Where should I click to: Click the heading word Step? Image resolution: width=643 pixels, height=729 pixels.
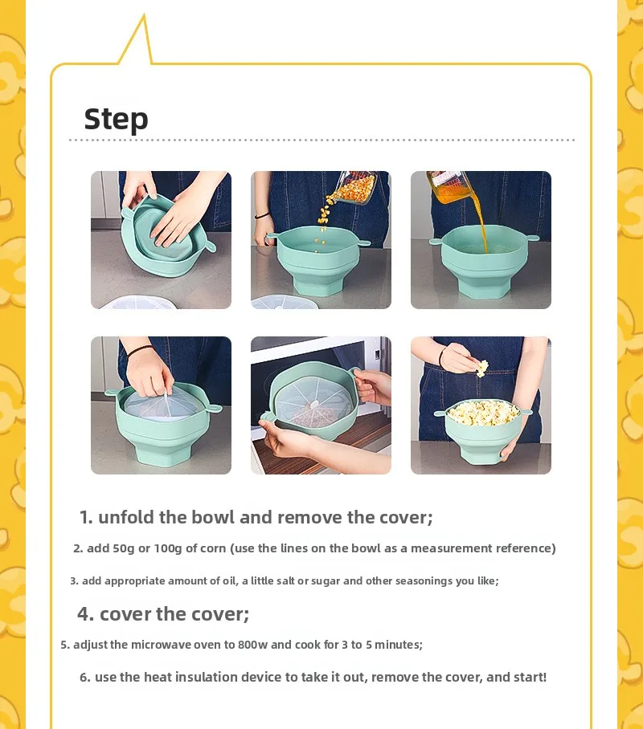pos(116,119)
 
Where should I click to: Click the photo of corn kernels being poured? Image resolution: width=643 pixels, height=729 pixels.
pos(321,240)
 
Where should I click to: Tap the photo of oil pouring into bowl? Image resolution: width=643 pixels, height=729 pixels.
pos(481,240)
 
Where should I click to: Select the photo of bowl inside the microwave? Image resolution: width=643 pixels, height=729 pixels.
pos(321,405)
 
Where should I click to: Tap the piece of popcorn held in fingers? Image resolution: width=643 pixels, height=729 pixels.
pos(481,368)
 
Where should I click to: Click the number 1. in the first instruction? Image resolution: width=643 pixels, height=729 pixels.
pos(86,517)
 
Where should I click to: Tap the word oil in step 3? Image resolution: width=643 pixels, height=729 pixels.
pos(228,580)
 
